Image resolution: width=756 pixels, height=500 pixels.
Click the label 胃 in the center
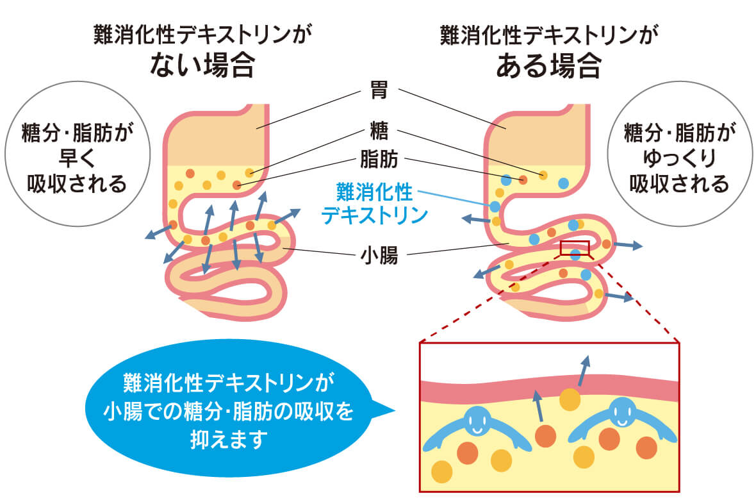click(378, 90)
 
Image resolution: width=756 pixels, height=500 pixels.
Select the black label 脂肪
click(378, 158)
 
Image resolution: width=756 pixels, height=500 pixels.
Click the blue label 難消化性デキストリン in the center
click(375, 203)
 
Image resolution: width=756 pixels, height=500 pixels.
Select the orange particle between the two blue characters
click(545, 436)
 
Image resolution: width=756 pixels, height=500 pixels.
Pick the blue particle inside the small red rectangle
click(575, 254)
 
